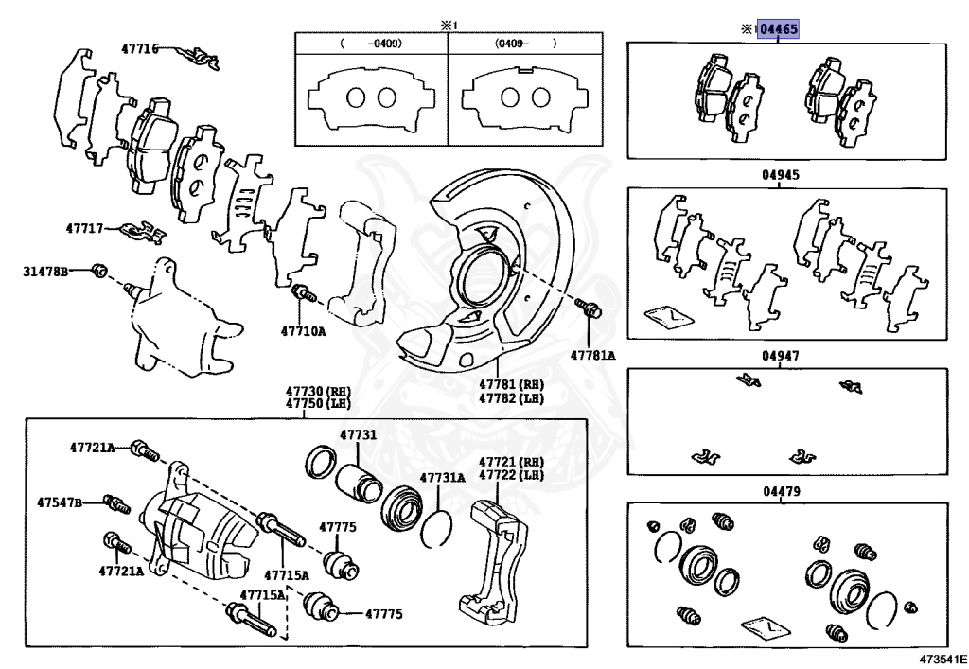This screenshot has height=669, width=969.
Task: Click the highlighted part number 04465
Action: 780,29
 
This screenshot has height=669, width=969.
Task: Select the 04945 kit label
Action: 781,175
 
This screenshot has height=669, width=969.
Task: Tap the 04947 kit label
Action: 781,356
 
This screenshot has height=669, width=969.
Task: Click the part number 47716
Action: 140,47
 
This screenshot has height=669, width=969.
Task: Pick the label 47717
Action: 85,228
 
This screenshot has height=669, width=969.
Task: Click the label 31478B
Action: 46,272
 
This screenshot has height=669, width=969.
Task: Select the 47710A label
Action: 302,330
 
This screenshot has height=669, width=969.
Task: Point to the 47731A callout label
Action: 442,478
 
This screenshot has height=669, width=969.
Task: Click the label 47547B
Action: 60,502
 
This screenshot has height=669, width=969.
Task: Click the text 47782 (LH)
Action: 511,398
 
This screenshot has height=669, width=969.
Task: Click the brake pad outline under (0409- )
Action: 524,99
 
